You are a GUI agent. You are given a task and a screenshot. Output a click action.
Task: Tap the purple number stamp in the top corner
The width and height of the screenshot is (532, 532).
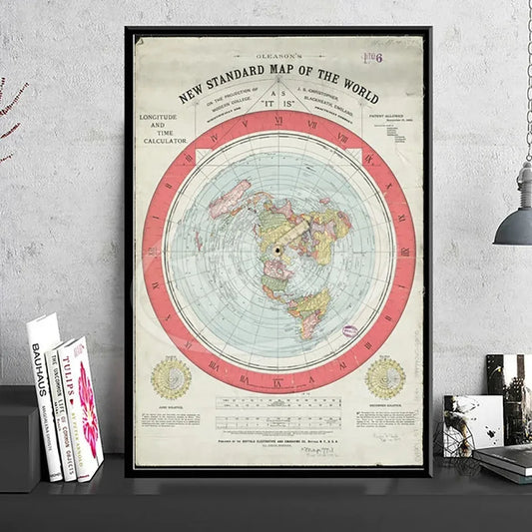[402, 59]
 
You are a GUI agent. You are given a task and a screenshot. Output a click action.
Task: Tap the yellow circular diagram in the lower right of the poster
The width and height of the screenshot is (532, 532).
[385, 377]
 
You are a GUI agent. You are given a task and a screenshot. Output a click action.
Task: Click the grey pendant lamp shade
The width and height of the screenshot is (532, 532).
[515, 224]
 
